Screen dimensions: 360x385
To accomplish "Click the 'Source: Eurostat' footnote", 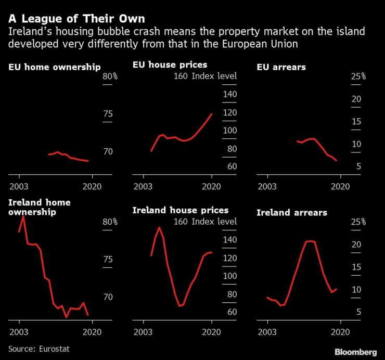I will pos(38,349).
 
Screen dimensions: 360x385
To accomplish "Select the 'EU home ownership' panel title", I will pos(55,67).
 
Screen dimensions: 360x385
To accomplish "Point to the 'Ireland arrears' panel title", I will pos(292,212).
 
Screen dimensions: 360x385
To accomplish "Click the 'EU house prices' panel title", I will pos(170,65).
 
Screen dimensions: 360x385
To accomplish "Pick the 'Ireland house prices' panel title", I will pos(181,210).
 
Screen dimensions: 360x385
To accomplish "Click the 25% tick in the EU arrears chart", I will pos(358,76).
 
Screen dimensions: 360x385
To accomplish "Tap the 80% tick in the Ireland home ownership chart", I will pos(110,222).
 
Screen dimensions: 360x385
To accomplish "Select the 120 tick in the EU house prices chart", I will pos(230,113).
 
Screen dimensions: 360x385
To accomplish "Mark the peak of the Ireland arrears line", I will pos(310,241).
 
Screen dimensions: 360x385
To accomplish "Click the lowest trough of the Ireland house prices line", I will pos(179,306).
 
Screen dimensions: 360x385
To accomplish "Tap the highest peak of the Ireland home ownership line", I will pos(23,216).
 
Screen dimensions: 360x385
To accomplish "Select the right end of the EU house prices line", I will pos(212,114).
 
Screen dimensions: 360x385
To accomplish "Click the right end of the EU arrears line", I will pos(337,160).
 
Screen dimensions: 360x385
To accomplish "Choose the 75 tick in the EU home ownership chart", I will pos(108,114).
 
